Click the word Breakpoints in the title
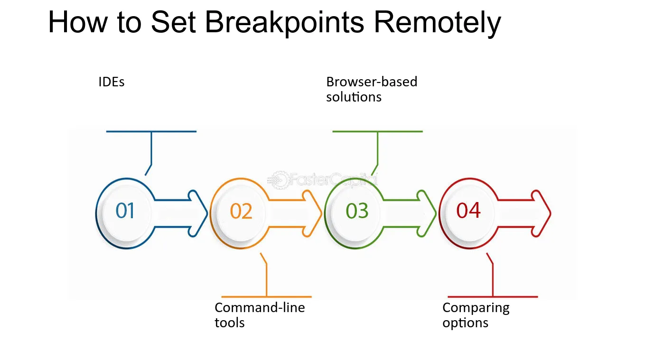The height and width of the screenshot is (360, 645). click(x=284, y=22)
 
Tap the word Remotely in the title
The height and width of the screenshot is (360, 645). click(x=438, y=22)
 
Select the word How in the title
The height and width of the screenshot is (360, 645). click(x=78, y=22)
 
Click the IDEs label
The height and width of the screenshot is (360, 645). click(x=112, y=82)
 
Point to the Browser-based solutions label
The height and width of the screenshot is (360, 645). click(x=372, y=89)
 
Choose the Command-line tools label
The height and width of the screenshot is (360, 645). click(x=260, y=315)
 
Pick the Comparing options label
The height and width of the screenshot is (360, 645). click(x=476, y=315)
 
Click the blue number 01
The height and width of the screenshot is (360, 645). click(x=125, y=211)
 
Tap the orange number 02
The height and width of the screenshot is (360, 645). click(x=241, y=211)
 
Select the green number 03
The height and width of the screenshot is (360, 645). click(x=357, y=211)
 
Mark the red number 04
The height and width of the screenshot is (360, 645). click(x=468, y=211)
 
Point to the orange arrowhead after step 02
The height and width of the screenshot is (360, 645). click(x=312, y=213)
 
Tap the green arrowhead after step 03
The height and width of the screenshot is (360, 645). click(x=427, y=213)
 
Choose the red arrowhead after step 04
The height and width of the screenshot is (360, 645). click(x=542, y=213)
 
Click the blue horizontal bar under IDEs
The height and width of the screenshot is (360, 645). click(x=151, y=131)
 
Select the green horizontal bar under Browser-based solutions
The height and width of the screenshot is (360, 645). click(x=377, y=131)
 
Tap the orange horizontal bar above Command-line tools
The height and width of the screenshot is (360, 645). click(x=266, y=297)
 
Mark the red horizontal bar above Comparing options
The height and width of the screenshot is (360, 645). click(x=493, y=297)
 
